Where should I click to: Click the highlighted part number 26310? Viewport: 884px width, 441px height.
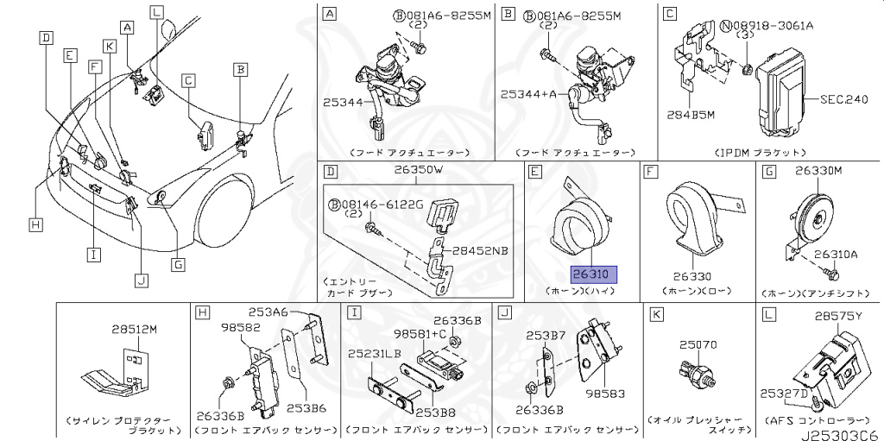(x=592, y=274)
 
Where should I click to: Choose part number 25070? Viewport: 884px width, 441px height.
(x=698, y=344)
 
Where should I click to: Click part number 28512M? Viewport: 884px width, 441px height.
(x=135, y=329)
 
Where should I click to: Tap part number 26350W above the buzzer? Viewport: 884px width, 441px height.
(x=419, y=170)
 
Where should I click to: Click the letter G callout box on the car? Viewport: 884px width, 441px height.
(x=178, y=264)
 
